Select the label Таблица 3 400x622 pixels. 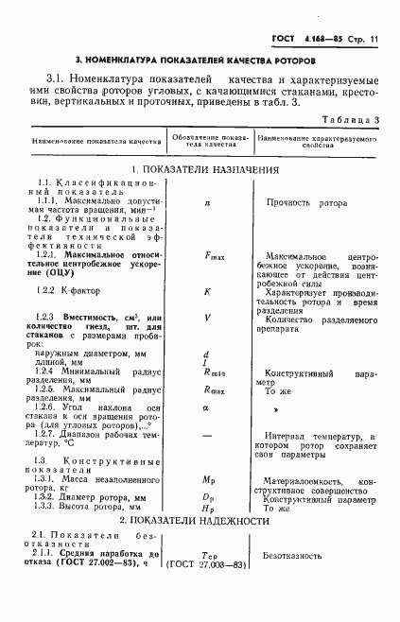tap(351, 120)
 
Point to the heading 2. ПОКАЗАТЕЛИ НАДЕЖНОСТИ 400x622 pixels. tap(200, 521)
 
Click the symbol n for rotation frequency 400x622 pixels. tap(206, 202)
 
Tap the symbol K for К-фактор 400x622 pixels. tap(207, 291)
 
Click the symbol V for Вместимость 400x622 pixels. tap(207, 318)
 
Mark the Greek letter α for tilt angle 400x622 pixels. tap(205, 407)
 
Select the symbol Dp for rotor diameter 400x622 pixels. tap(210, 495)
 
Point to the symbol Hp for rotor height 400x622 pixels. tap(210, 508)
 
